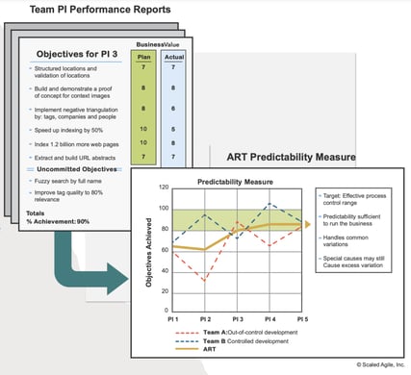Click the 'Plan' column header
[141, 56]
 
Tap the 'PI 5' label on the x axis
[300, 316]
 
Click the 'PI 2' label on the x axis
[206, 316]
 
